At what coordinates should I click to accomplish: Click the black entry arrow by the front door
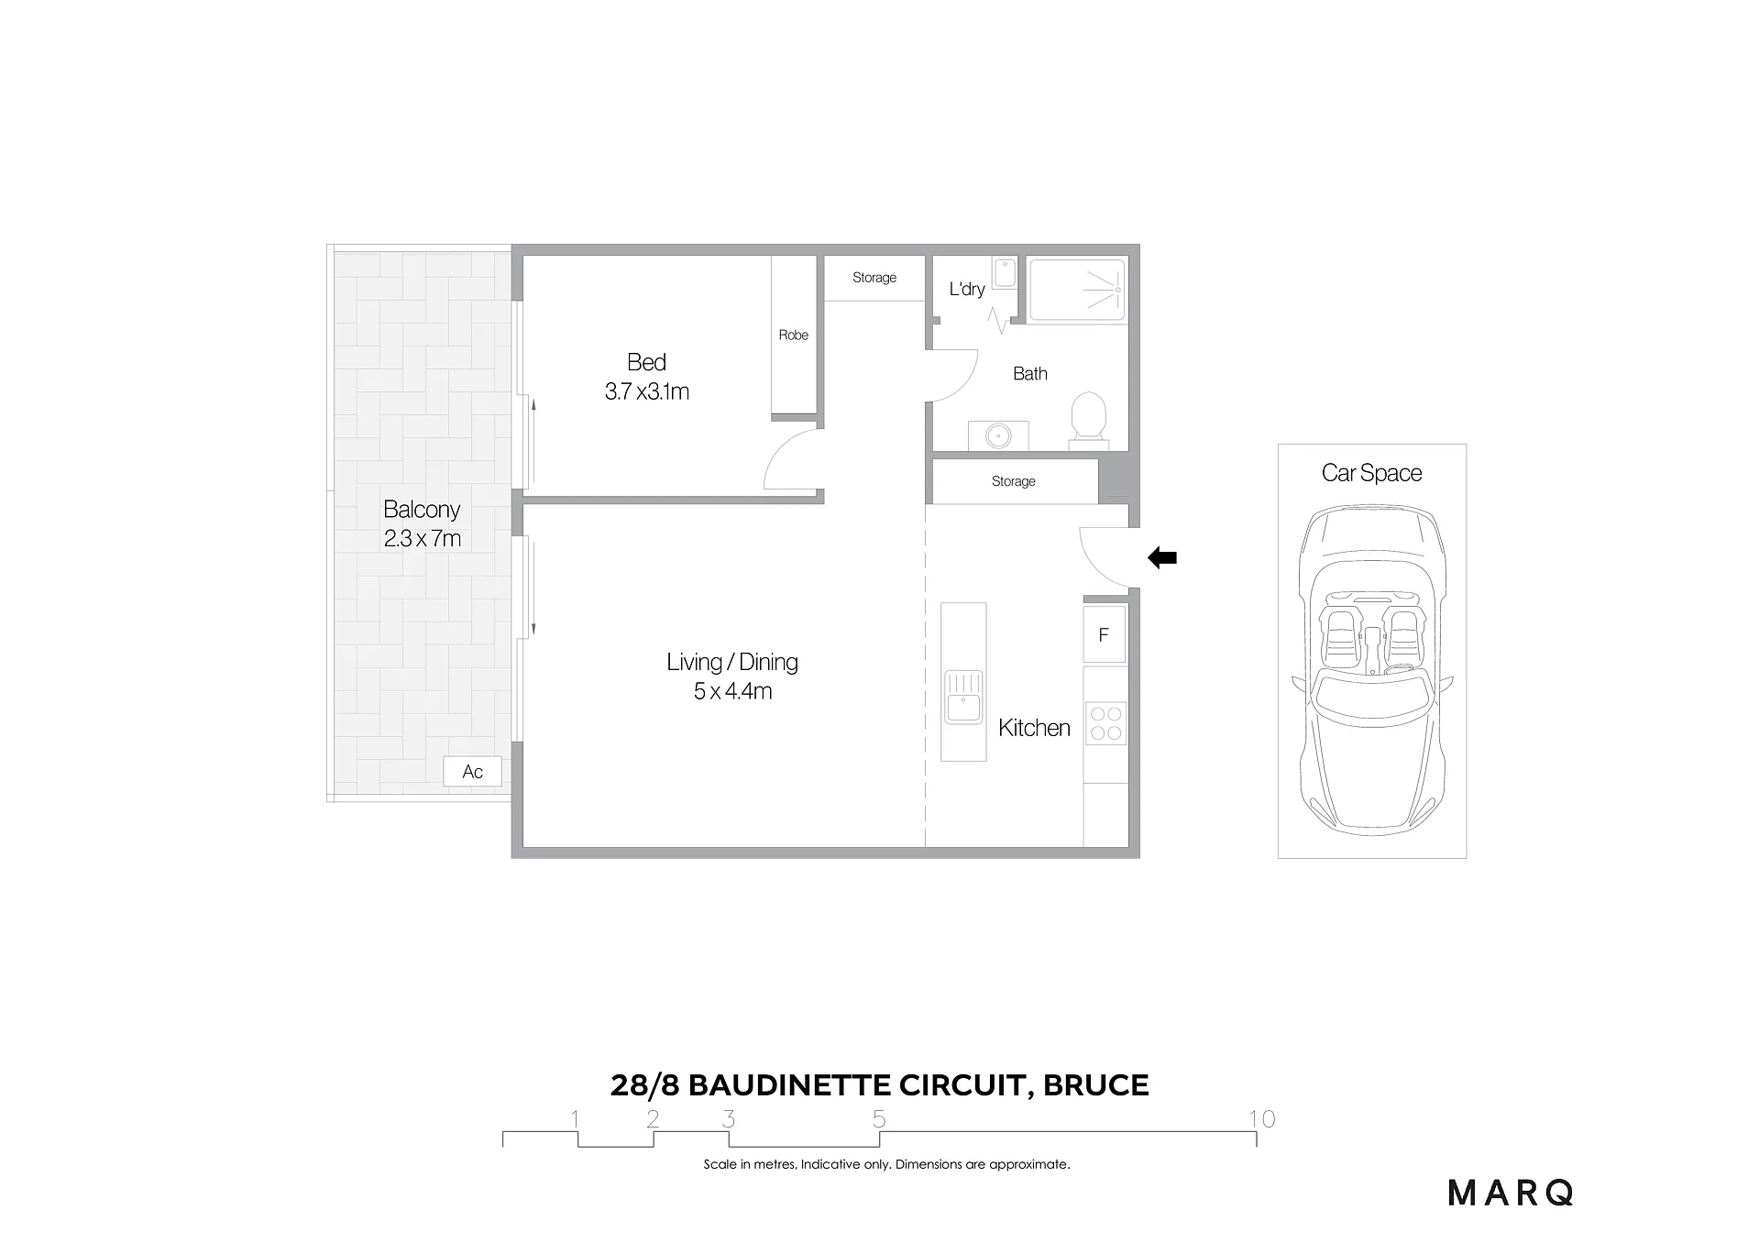(1162, 557)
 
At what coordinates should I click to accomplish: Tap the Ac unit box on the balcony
(472, 772)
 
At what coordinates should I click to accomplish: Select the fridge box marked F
(1105, 634)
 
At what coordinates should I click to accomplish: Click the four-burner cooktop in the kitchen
(1105, 723)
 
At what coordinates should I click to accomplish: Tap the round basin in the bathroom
(998, 436)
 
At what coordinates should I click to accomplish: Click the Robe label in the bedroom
(794, 335)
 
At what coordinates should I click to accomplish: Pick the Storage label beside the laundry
(874, 278)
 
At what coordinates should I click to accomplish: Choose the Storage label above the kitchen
(1014, 481)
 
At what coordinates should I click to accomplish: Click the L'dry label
(967, 289)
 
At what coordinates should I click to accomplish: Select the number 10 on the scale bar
(1262, 1118)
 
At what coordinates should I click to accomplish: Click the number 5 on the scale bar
(879, 1118)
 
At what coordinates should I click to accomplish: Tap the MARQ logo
(1511, 1193)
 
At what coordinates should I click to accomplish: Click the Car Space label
(1372, 473)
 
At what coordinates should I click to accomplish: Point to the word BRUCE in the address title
(1096, 1085)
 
